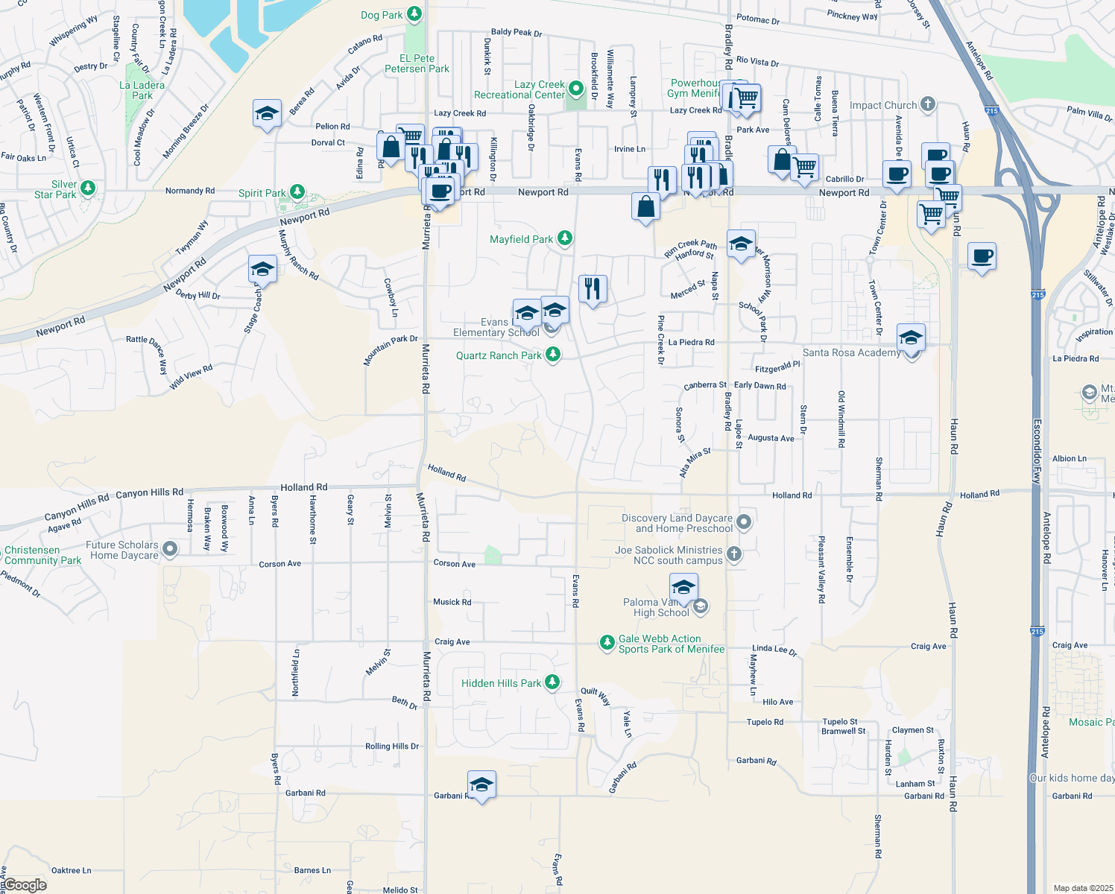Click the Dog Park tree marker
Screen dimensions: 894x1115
pos(414,14)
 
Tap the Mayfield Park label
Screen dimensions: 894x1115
pos(521,239)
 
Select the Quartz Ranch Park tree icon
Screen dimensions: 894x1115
pos(553,355)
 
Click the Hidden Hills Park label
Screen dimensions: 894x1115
pos(501,683)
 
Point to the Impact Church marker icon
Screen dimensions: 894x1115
pos(928,104)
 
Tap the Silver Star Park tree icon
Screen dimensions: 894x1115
pos(88,188)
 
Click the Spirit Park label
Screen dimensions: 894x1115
pos(262,193)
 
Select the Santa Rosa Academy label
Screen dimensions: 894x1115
pos(851,352)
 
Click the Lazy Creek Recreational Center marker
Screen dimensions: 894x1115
pos(575,89)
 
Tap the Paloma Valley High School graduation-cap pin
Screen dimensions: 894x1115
pos(683,587)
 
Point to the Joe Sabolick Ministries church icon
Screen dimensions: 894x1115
pos(734,554)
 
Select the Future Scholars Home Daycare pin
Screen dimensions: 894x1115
pos(170,550)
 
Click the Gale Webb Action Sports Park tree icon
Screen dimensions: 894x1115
pos(607,643)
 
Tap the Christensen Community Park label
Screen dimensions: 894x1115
pos(42,555)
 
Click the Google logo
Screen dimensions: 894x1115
pos(25,885)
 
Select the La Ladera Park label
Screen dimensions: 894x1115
pos(142,90)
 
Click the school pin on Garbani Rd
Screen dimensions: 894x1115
pos(481,785)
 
